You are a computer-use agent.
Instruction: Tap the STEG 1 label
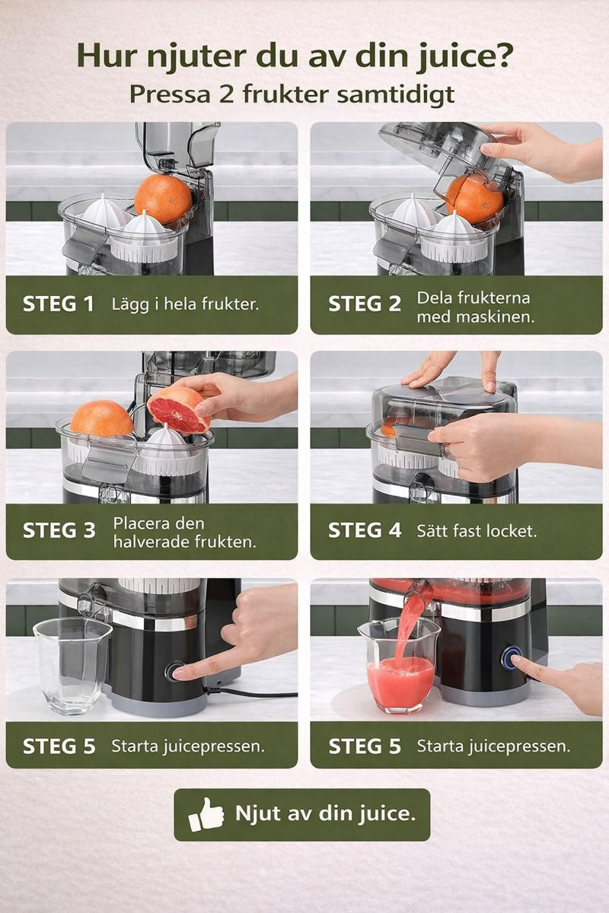point(59,304)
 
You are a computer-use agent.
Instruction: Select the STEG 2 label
point(365,304)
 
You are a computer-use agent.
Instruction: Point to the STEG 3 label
point(59,530)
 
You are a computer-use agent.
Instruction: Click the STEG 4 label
point(365,530)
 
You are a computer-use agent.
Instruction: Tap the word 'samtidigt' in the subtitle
point(396,95)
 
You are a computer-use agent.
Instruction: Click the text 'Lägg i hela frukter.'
point(185,304)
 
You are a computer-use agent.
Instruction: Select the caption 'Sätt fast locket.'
point(477,531)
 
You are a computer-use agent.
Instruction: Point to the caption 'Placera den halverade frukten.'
point(185,533)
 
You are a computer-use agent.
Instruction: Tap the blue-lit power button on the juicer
point(512,657)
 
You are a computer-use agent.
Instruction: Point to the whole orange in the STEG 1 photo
point(163,199)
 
